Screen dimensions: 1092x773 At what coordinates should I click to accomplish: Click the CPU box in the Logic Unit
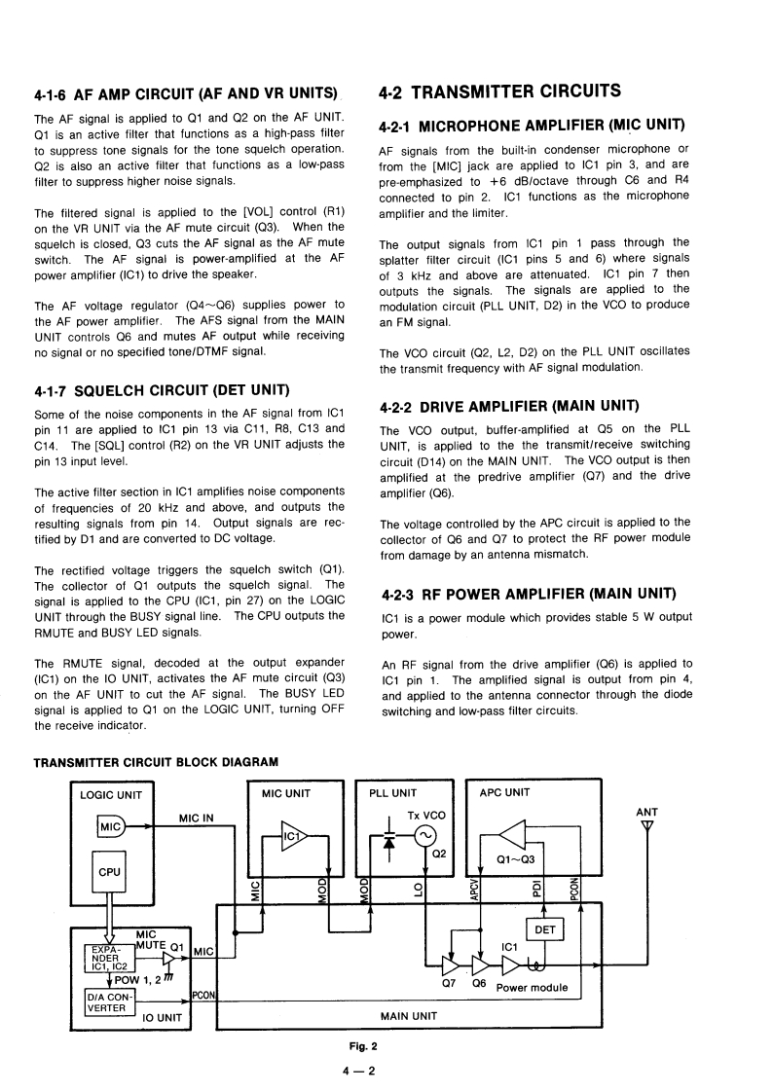point(110,872)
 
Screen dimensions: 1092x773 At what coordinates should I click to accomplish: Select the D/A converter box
point(108,1001)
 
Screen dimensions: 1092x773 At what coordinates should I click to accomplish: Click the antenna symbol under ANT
point(646,828)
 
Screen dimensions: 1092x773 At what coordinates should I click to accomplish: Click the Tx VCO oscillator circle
point(425,834)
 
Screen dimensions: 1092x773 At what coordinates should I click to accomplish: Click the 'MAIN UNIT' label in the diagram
point(409,1015)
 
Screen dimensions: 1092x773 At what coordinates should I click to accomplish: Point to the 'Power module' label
point(532,987)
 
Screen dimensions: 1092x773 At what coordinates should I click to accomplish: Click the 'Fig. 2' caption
point(366,1046)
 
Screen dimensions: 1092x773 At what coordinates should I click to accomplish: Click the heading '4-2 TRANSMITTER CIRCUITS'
point(500,92)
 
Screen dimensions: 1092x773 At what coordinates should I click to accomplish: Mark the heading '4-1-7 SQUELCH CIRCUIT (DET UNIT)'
point(162,391)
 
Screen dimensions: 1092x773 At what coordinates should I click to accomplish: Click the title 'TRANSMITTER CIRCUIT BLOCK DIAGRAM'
point(156,761)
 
